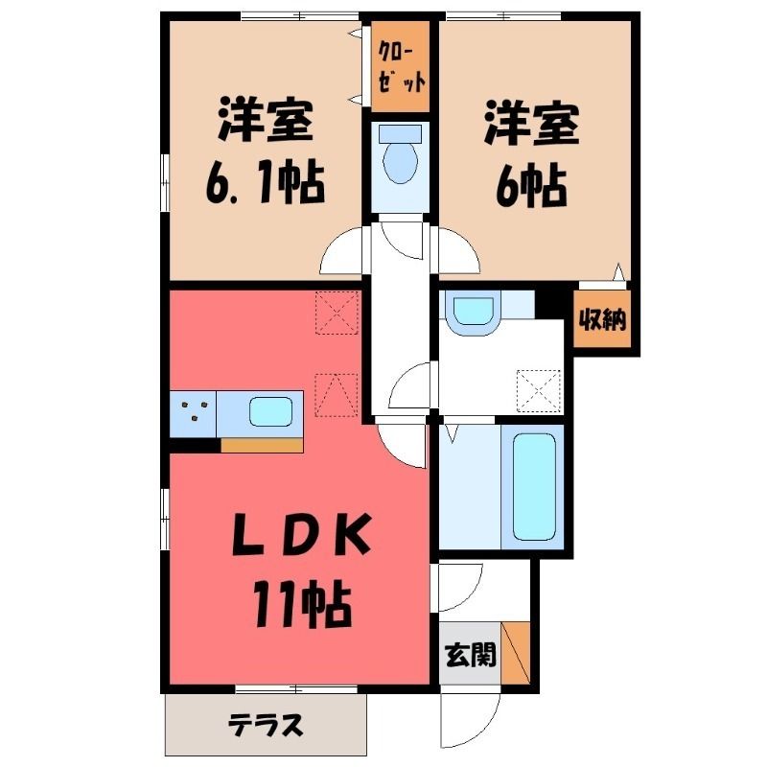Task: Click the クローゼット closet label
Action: (x=401, y=67)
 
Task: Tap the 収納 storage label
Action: (x=602, y=321)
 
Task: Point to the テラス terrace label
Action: (x=267, y=726)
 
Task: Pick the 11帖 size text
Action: (x=302, y=605)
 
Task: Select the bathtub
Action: (x=534, y=487)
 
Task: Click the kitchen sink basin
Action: (x=270, y=412)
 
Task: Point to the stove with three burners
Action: (x=194, y=413)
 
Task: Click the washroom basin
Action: (x=473, y=312)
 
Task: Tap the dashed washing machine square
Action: (x=539, y=391)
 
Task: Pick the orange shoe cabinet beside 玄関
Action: (x=516, y=653)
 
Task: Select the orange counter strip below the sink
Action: (x=262, y=445)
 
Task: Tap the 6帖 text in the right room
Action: (x=531, y=188)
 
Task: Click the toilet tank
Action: (x=401, y=133)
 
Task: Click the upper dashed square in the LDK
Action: (x=337, y=313)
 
